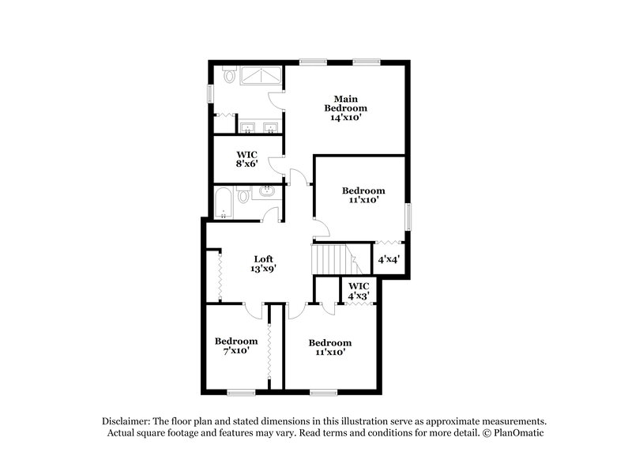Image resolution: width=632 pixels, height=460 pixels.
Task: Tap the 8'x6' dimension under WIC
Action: pyautogui.click(x=248, y=166)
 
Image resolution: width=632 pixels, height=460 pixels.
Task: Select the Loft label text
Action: pyautogui.click(x=264, y=258)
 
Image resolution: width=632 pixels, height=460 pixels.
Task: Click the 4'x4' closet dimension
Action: pyautogui.click(x=389, y=259)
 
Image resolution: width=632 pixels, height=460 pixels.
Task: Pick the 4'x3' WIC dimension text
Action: pyautogui.click(x=359, y=296)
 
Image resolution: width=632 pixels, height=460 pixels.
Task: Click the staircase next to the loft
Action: pyautogui.click(x=332, y=258)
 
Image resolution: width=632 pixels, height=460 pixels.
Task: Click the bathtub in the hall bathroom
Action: pyautogui.click(x=224, y=203)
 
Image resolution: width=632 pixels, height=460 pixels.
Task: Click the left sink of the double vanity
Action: pyautogui.click(x=246, y=128)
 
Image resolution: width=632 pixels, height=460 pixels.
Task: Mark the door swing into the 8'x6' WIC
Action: pyautogui.click(x=276, y=164)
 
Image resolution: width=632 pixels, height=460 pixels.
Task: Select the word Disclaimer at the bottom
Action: pyautogui.click(x=126, y=421)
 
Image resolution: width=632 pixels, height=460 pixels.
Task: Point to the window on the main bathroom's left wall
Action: pyautogui.click(x=210, y=92)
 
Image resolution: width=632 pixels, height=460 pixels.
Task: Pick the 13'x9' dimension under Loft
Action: pyautogui.click(x=264, y=269)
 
